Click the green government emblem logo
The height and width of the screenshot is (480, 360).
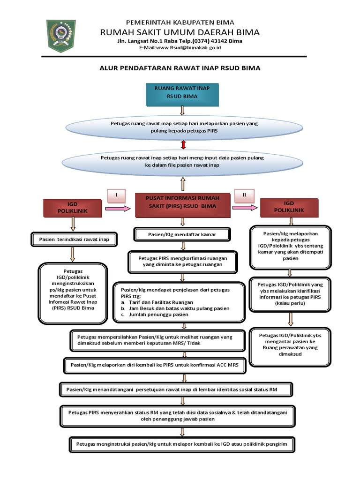[x=62, y=36]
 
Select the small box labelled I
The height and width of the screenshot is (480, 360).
[x=116, y=195]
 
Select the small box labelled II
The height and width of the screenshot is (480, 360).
[x=245, y=195]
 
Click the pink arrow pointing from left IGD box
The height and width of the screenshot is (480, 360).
[x=118, y=209]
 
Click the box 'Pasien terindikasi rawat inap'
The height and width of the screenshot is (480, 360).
[x=74, y=240]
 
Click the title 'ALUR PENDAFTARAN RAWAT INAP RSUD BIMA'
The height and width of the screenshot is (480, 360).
[x=180, y=68]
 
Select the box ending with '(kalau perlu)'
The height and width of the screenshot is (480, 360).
[x=291, y=294]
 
